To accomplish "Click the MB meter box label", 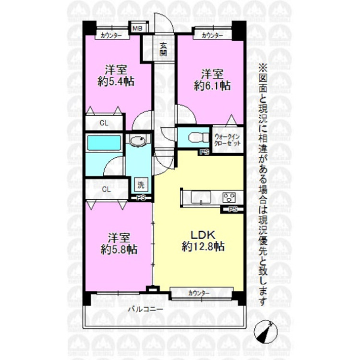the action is [138, 28].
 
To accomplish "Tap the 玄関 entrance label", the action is [163, 49].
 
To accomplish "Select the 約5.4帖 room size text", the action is [116, 82].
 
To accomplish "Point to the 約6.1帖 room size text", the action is [212, 85].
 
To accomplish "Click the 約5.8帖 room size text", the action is [119, 249].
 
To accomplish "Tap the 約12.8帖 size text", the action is [203, 247].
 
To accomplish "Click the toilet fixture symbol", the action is [198, 138].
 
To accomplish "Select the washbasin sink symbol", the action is [138, 141].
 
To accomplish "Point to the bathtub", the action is [104, 143].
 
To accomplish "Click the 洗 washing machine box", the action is [141, 185].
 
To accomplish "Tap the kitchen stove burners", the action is [229, 197].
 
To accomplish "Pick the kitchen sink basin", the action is [201, 197].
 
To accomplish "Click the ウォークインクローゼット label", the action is [227, 140].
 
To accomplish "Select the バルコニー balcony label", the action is [145, 309].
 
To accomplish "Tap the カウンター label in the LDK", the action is [199, 293].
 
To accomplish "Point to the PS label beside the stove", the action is [233, 209].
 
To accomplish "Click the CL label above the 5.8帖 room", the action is [106, 190].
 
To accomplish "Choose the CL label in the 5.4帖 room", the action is [104, 123].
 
